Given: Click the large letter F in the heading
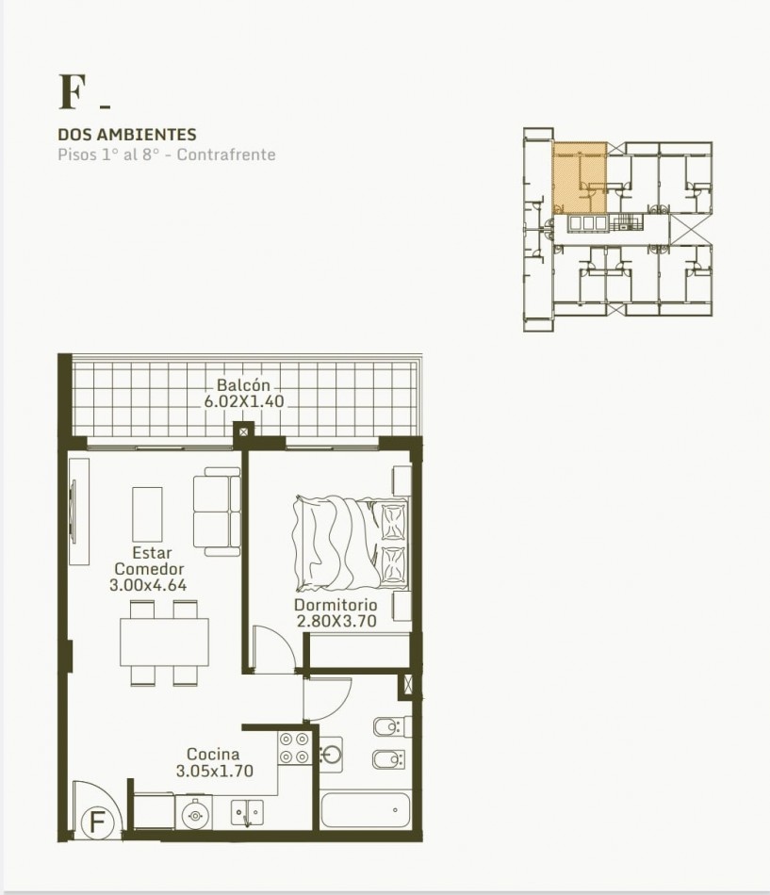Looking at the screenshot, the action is click(72, 92).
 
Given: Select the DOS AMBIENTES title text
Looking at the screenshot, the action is click(127, 135).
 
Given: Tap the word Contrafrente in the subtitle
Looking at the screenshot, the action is click(226, 155).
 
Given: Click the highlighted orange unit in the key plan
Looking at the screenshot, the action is click(580, 177).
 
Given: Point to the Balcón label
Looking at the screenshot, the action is click(243, 384).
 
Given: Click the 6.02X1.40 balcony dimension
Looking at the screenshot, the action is click(244, 401).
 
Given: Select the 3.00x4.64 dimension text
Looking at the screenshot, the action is click(148, 585).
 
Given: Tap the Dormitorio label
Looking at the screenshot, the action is click(336, 605).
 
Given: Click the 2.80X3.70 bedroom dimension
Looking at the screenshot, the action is click(336, 621).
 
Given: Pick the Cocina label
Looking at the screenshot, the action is click(213, 754).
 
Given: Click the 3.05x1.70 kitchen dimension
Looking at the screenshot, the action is click(214, 772).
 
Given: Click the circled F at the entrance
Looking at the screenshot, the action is click(97, 822).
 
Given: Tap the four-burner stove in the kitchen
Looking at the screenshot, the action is click(295, 748).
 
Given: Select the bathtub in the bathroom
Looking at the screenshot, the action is click(366, 810).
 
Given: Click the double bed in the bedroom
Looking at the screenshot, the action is click(351, 543).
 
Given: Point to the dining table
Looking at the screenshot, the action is click(164, 643).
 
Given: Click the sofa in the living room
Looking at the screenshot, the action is click(217, 512).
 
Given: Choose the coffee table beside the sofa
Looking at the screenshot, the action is click(147, 514).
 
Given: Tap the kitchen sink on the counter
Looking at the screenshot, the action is click(247, 812).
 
